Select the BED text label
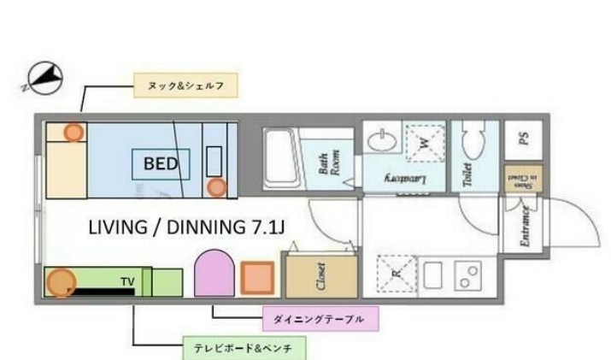click(161, 163)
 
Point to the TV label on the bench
click(127, 280)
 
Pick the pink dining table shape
click(214, 273)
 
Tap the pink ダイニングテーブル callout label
click(318, 320)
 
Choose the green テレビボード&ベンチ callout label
click(244, 349)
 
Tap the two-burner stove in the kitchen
click(469, 275)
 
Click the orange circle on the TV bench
click(61, 283)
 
